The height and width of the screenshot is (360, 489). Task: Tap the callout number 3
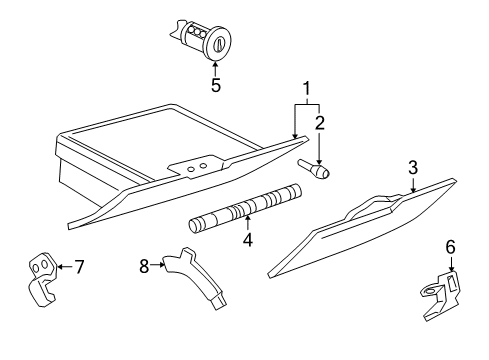coord(411,168)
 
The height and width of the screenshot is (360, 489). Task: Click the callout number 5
coord(215,85)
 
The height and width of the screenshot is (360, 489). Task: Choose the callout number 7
coord(79,266)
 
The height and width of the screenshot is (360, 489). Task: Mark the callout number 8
coord(144,266)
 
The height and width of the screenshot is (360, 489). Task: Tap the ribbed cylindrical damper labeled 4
coord(246,208)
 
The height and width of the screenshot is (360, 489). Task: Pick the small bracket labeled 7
coord(42,277)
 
